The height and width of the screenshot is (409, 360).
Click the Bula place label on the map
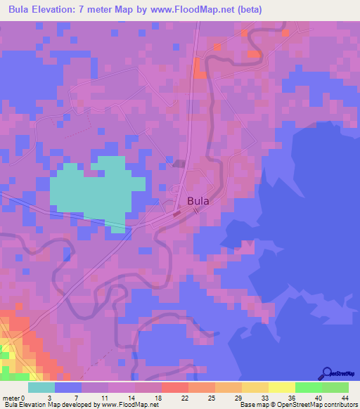[198, 200]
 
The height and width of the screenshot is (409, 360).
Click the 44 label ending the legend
[344, 398]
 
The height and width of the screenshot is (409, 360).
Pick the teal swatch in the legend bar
[41, 387]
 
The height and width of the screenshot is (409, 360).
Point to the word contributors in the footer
[340, 405]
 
